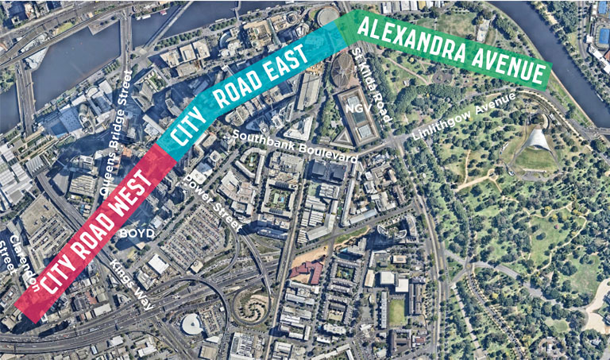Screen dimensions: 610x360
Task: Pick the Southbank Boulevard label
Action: tap(295, 147)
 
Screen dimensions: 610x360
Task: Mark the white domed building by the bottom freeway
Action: tap(191, 323)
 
